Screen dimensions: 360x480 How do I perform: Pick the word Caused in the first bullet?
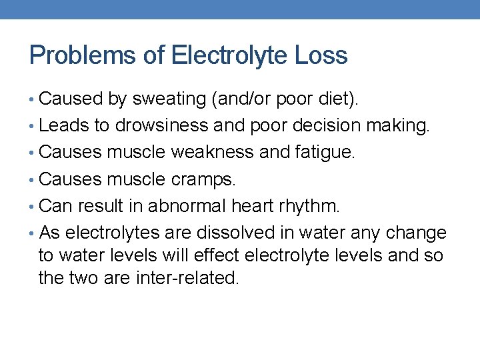point(70,99)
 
